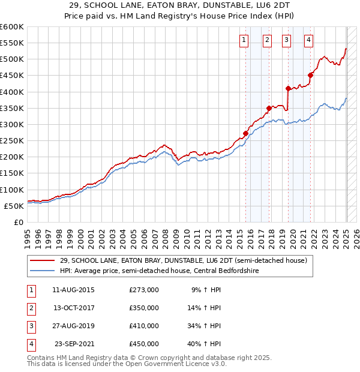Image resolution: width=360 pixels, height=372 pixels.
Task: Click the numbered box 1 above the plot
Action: [x=245, y=40]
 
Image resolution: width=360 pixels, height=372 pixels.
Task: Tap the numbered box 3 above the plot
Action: [x=287, y=40]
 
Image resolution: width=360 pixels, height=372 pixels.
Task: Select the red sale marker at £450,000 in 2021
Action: [x=311, y=75]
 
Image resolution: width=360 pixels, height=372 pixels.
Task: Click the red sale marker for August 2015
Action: [x=245, y=133]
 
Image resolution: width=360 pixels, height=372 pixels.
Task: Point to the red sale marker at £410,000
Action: [x=289, y=88]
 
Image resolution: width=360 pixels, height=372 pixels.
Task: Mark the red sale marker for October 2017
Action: [x=269, y=108]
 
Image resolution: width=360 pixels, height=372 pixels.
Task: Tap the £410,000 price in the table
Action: [x=144, y=326]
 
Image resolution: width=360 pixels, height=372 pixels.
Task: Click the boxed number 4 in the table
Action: [x=30, y=344]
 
